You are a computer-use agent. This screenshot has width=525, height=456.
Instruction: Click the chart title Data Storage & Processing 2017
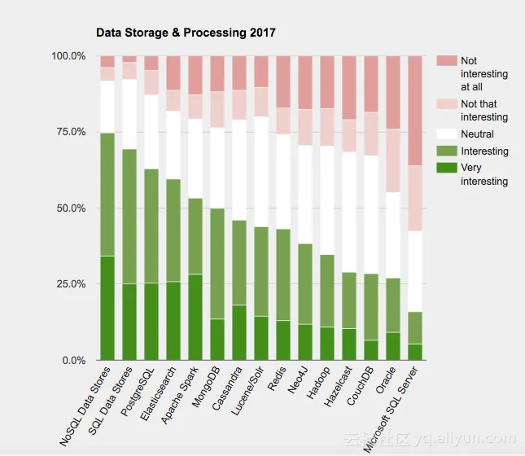[186, 33]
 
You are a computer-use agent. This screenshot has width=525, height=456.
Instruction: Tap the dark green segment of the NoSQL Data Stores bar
[107, 308]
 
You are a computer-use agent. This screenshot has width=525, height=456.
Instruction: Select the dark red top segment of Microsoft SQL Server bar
[414, 111]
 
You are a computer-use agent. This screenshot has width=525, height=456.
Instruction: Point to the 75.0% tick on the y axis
[68, 132]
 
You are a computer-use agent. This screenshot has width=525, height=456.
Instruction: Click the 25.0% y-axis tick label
[68, 284]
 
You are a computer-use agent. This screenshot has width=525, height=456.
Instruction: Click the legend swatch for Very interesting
[447, 169]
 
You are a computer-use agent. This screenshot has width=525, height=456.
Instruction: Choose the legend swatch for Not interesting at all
[447, 61]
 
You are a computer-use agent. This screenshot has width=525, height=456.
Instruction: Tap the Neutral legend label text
[477, 134]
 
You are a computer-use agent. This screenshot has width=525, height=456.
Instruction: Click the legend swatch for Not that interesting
[447, 104]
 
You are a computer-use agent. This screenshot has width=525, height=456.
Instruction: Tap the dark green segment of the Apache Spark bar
[195, 318]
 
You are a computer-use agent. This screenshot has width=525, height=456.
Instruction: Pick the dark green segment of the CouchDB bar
[370, 350]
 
